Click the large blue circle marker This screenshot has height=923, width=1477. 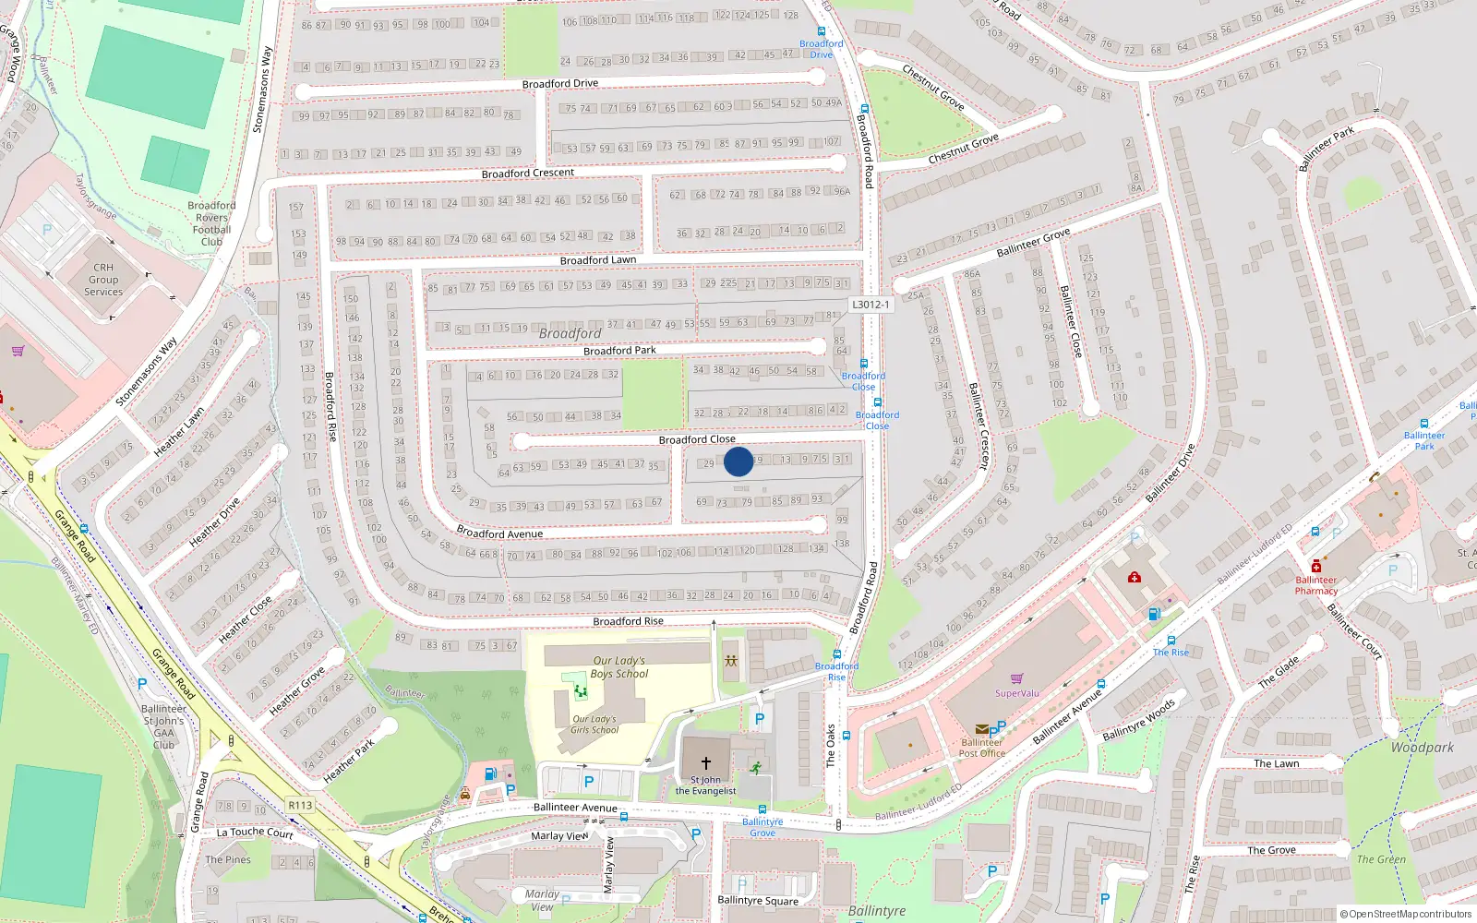pyautogui.click(x=738, y=461)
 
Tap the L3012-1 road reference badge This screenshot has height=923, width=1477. pyautogui.click(x=871, y=305)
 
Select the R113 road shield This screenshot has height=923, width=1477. pyautogui.click(x=300, y=805)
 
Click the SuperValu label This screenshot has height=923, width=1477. pyautogui.click(x=1016, y=693)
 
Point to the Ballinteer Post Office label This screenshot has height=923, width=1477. pyautogui.click(x=981, y=748)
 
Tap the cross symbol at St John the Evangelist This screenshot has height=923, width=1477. pyautogui.click(x=706, y=763)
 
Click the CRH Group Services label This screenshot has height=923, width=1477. pyautogui.click(x=103, y=280)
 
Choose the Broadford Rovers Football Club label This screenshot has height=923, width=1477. pyautogui.click(x=211, y=223)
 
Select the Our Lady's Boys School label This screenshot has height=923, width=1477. pyautogui.click(x=618, y=667)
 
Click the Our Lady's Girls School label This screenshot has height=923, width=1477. pyautogui.click(x=594, y=725)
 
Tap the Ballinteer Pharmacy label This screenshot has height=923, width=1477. pyautogui.click(x=1315, y=585)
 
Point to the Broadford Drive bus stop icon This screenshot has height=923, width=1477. pyautogui.click(x=822, y=31)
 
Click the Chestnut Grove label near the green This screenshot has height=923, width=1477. pyautogui.click(x=933, y=88)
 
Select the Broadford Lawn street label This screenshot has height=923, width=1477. pyautogui.click(x=598, y=260)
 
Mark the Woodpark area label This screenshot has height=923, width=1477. pyautogui.click(x=1422, y=748)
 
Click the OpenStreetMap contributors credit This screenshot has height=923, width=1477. pyautogui.click(x=1406, y=915)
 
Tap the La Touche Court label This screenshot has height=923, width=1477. pyautogui.click(x=255, y=833)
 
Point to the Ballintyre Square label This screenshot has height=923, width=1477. pyautogui.click(x=758, y=901)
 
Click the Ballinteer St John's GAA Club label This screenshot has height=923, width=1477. pyautogui.click(x=163, y=726)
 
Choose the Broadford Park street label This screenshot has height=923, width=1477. pyautogui.click(x=619, y=351)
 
